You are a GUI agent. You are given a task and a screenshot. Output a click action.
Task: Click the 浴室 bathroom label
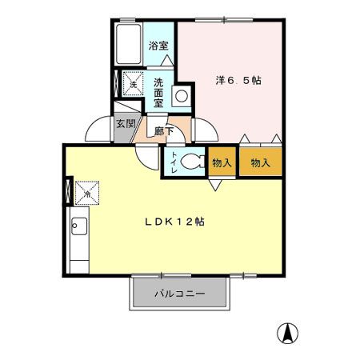pos(158,46)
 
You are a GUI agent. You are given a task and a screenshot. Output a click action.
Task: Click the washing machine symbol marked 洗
pos(132,82)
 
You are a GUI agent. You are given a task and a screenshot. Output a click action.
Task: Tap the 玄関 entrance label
pos(124,124)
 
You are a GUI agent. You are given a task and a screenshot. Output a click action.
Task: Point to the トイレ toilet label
pos(171,161)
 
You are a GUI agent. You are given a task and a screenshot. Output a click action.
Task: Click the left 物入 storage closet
pos(222,162)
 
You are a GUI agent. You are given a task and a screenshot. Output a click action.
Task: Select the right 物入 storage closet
pos(260,162)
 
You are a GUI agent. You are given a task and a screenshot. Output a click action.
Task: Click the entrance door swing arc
pos(98,128)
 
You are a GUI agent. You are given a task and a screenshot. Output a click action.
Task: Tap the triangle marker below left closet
pos(216,186)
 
